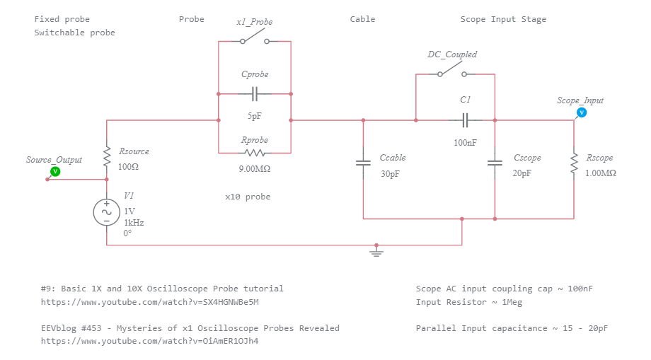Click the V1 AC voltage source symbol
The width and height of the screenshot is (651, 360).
click(x=107, y=212)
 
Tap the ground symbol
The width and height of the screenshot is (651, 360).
click(x=376, y=250)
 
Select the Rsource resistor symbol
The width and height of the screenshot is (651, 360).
click(x=107, y=157)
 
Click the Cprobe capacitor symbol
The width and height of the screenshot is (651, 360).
click(x=255, y=93)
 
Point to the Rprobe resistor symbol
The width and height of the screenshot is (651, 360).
click(x=255, y=153)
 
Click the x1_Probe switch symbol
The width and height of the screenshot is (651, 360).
click(x=255, y=41)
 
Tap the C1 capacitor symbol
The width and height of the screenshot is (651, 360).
click(x=466, y=120)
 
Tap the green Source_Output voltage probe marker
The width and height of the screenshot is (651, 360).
click(x=55, y=171)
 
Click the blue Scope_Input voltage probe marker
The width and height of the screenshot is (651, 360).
click(x=582, y=112)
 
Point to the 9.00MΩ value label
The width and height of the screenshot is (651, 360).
click(x=255, y=169)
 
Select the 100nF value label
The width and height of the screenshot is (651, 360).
click(x=465, y=142)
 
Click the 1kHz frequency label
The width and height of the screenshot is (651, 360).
click(x=134, y=222)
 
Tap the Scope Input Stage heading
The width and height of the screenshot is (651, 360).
click(x=503, y=19)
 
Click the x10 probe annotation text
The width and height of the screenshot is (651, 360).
click(x=248, y=197)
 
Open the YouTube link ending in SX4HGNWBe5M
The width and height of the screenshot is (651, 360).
click(x=150, y=302)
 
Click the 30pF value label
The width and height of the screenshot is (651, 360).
click(x=391, y=173)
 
